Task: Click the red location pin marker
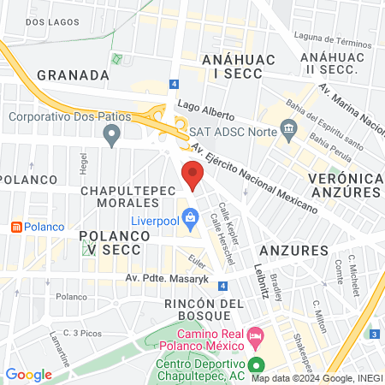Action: (x=193, y=177)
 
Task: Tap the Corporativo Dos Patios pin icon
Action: (x=110, y=133)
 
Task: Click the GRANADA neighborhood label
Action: (x=73, y=74)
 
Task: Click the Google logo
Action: (x=28, y=375)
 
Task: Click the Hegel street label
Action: (x=84, y=162)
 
